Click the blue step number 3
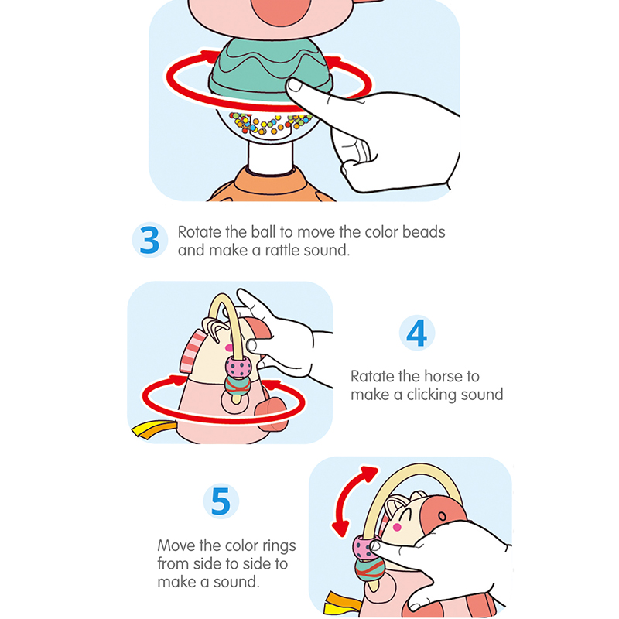tap(149, 240)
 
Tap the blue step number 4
tap(416, 333)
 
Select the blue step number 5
tap(221, 501)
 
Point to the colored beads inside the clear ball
tap(271, 123)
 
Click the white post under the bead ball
tap(271, 157)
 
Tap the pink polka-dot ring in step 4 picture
tap(238, 367)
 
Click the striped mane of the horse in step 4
tap(192, 351)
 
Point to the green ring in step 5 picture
tap(370, 569)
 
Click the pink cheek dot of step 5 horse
tap(397, 527)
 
